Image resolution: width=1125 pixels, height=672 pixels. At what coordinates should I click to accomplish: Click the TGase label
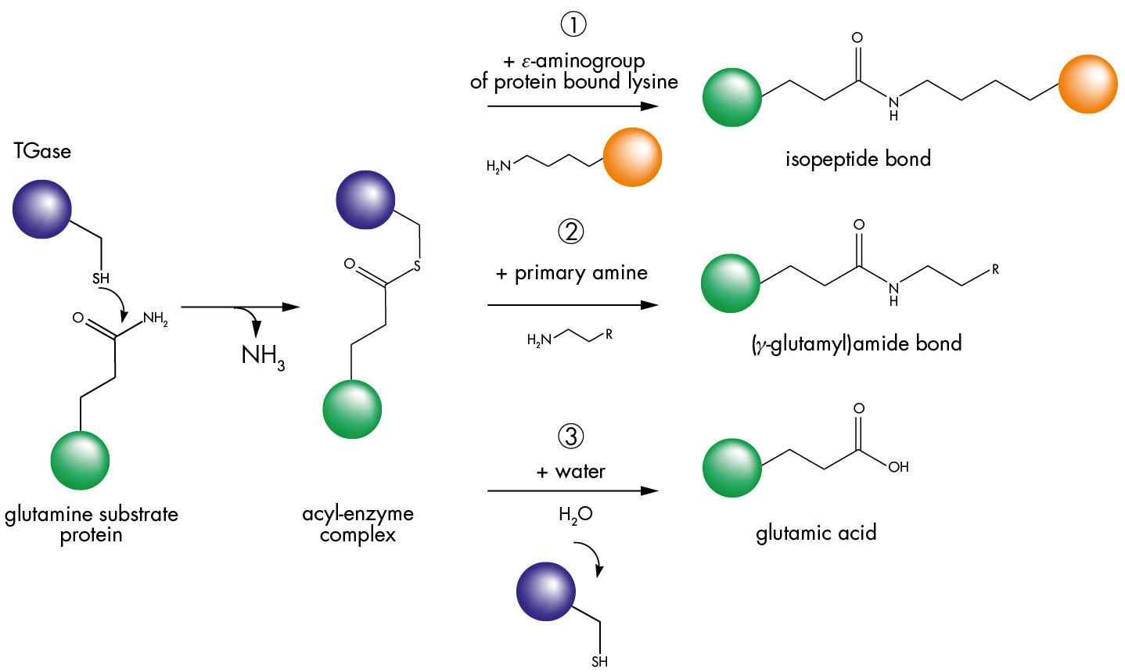(42, 151)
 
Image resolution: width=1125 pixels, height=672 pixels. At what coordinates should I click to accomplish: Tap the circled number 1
(573, 25)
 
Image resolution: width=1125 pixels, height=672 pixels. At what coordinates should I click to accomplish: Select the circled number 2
(571, 232)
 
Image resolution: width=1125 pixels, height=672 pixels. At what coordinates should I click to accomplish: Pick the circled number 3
(571, 437)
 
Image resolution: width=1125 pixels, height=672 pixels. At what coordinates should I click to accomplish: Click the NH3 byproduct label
(263, 357)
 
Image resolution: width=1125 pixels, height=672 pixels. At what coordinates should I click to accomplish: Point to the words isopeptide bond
(857, 160)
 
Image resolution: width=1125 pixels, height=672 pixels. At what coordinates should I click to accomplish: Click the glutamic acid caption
(816, 534)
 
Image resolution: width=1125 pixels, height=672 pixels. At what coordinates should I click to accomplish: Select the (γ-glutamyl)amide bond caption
(856, 344)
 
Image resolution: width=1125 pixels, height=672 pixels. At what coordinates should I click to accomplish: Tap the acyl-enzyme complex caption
(358, 524)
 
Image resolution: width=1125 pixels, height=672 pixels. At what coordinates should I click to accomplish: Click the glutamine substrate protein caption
(92, 524)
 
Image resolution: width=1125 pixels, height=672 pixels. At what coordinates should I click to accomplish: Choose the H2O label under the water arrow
(575, 515)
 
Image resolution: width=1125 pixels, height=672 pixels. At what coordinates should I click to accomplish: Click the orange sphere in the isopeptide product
(1087, 84)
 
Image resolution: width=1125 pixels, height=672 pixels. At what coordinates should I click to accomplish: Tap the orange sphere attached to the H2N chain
(632, 157)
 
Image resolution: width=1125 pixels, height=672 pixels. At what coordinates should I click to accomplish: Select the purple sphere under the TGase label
(42, 209)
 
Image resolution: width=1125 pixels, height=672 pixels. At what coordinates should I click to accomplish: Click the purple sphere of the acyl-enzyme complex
(365, 199)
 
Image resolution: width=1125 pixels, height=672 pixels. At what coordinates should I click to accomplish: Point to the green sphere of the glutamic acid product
(732, 468)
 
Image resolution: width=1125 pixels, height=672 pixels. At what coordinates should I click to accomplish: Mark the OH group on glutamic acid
(898, 467)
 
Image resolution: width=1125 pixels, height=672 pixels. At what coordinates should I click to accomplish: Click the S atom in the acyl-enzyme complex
(417, 267)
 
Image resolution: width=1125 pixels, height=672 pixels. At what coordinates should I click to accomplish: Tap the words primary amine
(580, 273)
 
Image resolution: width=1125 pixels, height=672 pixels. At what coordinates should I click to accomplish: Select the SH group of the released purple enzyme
(599, 662)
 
